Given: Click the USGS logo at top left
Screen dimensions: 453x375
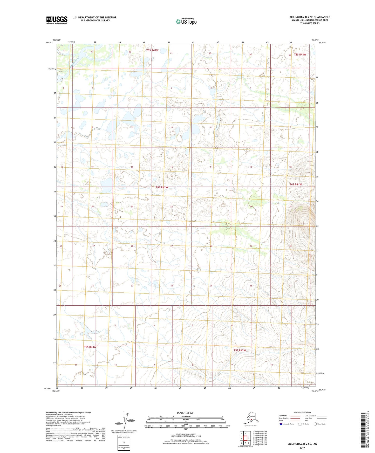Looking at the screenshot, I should click(57, 20).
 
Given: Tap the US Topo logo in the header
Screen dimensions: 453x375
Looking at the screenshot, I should click(186, 21).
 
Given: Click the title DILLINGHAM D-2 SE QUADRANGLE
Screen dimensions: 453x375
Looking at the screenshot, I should click(310, 17).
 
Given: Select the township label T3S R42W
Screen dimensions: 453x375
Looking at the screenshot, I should click(152, 50).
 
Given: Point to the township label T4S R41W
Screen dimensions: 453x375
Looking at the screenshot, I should click(296, 184).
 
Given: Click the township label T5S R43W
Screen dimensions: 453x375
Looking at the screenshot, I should click(90, 347).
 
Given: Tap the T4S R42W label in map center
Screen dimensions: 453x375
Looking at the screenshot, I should click(162, 187).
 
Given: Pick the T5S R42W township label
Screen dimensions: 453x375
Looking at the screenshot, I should click(240, 350).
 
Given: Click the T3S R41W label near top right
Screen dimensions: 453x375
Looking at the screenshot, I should click(300, 54).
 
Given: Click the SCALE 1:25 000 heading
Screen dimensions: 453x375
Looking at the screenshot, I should click(185, 413).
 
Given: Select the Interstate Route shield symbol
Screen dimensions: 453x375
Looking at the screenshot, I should click(281, 424).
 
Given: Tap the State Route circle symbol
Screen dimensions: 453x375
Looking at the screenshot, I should click(315, 424).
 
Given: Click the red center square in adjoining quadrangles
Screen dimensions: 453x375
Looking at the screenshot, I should click(245, 438).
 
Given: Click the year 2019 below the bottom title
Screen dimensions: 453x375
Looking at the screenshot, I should click(302, 448).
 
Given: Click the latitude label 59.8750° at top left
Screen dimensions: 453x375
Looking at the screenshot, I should click(49, 43).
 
